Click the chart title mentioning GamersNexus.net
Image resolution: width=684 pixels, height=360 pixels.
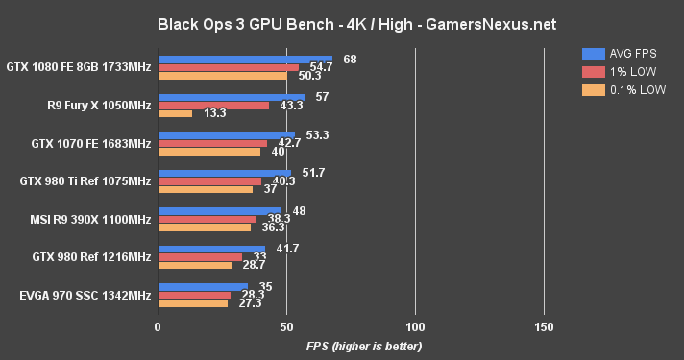342,22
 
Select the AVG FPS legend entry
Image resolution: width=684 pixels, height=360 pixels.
623,53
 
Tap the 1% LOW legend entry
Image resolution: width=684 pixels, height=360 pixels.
621,71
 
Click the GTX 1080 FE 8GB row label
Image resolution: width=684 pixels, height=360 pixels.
78,67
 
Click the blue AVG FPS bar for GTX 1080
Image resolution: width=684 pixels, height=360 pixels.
245,60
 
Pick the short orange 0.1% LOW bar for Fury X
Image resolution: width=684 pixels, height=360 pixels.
175,113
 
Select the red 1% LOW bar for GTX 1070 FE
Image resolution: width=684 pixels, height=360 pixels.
212,143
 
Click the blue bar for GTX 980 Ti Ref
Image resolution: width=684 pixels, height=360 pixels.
224,174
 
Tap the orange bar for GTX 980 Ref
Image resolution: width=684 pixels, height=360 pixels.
194,265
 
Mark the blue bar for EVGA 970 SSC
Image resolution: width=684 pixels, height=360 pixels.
203,287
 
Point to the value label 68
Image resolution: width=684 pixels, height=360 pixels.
350,60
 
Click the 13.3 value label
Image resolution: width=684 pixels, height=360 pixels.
215,113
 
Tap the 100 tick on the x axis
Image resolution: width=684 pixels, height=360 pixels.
415,326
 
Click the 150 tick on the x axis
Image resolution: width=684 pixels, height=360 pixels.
544,326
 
